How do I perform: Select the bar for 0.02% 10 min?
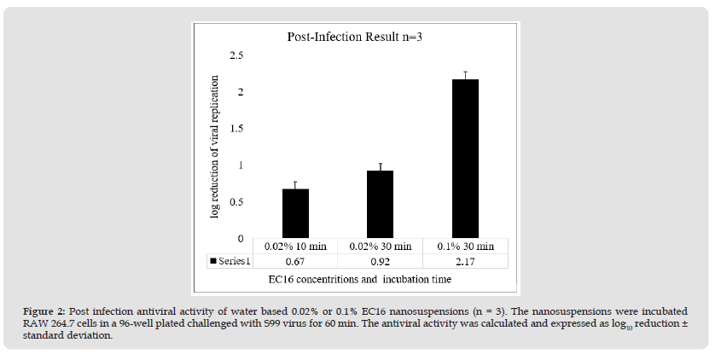tap(294, 213)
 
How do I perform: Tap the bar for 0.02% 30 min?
tap(380, 204)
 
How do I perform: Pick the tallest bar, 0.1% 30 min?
tap(465, 159)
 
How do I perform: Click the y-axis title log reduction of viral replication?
tap(215, 146)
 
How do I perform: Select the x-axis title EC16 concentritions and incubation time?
tap(358, 279)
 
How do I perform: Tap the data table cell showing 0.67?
tap(295, 260)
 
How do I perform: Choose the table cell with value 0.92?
tap(380, 260)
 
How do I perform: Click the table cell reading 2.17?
tap(465, 260)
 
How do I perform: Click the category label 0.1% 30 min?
tap(465, 247)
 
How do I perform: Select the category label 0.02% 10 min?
tap(295, 247)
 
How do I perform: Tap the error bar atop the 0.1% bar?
tap(465, 75)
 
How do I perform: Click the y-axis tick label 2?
tap(241, 92)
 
